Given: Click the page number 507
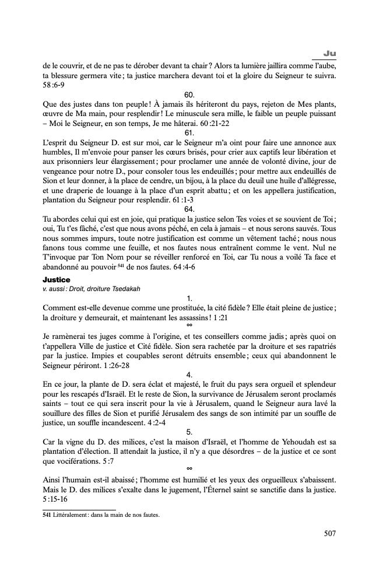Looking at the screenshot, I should tap(329, 533).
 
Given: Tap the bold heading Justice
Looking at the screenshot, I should tap(56, 280).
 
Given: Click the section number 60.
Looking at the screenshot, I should tap(189, 94).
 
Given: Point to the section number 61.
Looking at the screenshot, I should tap(189, 132).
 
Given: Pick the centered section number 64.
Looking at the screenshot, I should tap(189, 208).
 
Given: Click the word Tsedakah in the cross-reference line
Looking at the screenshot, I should tap(124, 289).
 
